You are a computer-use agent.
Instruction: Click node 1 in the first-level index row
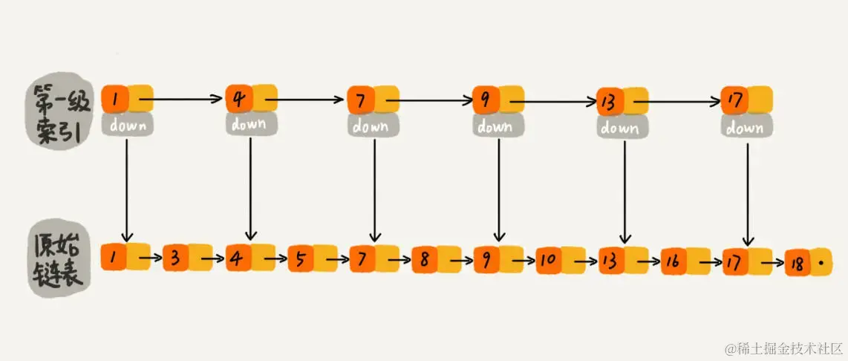pos(116,97)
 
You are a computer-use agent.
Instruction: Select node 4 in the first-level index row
pos(239,98)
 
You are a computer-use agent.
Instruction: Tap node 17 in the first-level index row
pos(734,100)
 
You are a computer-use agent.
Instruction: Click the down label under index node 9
pos(495,126)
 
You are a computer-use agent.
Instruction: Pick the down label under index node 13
pos(619,128)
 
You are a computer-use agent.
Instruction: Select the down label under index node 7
pos(372,126)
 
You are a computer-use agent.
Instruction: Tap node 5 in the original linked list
pos(300,258)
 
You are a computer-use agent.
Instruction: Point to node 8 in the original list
pos(424,259)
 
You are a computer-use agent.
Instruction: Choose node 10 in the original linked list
pos(548,260)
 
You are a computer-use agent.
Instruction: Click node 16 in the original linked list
pos(673,261)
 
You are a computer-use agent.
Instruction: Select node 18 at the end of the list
pos(797,264)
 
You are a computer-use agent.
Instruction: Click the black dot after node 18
pos(821,263)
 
